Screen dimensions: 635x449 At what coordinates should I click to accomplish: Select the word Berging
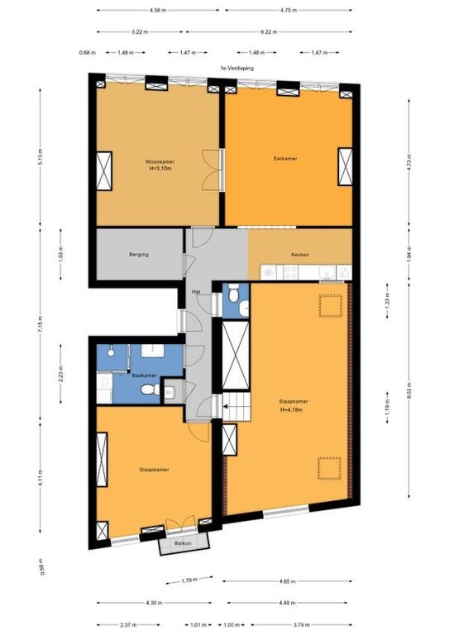[x=138, y=255]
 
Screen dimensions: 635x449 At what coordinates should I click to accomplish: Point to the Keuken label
[x=299, y=255]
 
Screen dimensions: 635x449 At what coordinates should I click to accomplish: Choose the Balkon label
[x=184, y=543]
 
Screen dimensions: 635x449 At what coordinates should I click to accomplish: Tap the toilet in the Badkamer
[x=148, y=389]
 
